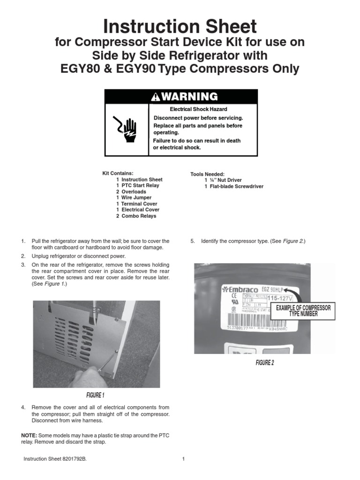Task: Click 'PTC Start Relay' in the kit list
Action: coord(140,186)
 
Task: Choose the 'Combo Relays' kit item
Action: coord(139,216)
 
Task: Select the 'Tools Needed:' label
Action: coord(208,174)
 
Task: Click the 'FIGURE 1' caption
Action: coord(95,395)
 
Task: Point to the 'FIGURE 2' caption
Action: coord(265,363)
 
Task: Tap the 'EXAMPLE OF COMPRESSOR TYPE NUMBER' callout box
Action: coord(303,311)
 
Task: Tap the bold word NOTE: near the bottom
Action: coord(29,435)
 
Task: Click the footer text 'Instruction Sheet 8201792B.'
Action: coord(55,459)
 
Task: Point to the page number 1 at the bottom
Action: coord(183,459)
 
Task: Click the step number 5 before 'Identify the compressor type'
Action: coord(192,241)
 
